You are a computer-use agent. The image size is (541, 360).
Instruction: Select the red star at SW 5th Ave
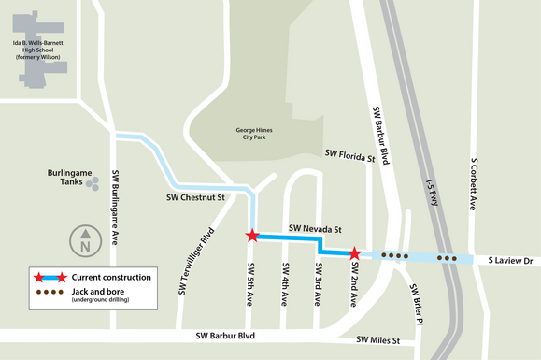pyautogui.click(x=252, y=236)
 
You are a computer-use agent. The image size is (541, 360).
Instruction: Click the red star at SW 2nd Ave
pyautogui.click(x=355, y=253)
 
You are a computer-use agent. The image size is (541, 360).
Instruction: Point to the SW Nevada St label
pyautogui.click(x=316, y=228)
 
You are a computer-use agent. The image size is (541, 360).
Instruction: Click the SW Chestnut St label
pyautogui.click(x=196, y=198)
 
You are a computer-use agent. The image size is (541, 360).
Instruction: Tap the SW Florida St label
pyautogui.click(x=349, y=155)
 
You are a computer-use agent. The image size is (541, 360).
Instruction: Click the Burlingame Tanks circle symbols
pyautogui.click(x=93, y=185)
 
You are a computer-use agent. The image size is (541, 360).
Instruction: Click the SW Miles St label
pyautogui.click(x=377, y=341)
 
